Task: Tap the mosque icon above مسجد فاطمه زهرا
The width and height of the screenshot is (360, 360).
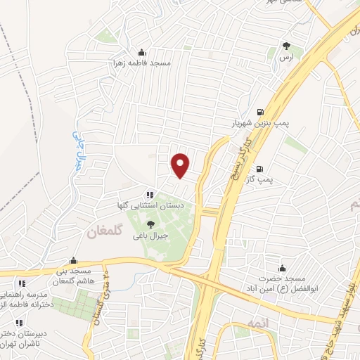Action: point(143,51)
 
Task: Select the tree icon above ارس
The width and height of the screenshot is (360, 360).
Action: point(286,46)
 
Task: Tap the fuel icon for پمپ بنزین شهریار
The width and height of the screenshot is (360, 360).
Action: point(261,112)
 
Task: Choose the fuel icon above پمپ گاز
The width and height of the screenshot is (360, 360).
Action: point(260,169)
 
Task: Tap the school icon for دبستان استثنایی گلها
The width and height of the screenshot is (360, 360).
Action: point(149,195)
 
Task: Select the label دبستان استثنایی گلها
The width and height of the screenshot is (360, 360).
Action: point(153,205)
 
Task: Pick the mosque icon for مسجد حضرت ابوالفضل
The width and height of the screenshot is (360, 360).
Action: point(283,268)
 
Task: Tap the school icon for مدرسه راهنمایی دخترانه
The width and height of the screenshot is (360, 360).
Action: point(22,283)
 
